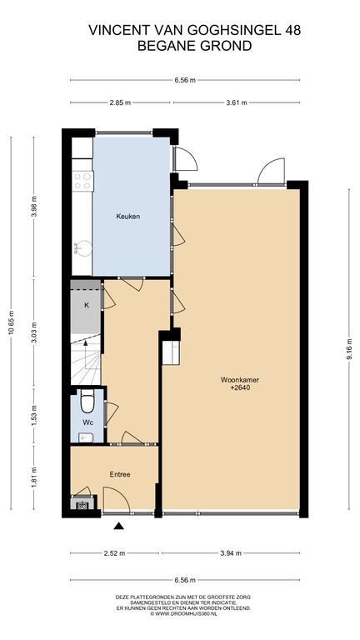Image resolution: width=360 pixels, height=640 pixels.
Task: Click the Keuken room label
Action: click(127, 217)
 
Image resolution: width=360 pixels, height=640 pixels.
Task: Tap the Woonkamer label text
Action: click(240, 380)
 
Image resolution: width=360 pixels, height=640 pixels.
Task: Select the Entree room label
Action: click(120, 475)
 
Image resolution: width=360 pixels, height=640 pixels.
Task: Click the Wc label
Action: click(87, 422)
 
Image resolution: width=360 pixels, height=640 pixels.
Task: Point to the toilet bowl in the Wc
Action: click(87, 402)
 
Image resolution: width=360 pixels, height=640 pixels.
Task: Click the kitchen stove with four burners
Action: click(82, 181)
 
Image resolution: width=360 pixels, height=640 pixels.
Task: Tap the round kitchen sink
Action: click(83, 248)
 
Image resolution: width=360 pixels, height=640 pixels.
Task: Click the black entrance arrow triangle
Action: click(119, 526)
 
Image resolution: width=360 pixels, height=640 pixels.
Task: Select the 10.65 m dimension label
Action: click(11, 322)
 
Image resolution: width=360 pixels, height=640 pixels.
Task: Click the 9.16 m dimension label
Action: click(349, 348)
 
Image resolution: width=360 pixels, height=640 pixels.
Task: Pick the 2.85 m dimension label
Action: click(120, 102)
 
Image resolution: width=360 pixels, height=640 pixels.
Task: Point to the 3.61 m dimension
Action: click(237, 102)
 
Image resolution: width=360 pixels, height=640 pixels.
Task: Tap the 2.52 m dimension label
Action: click(115, 553)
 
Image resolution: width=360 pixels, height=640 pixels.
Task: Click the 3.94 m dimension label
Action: click(231, 553)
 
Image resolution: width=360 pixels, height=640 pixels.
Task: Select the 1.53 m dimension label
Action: click(34, 414)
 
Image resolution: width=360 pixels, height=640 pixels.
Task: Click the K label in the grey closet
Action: click(86, 305)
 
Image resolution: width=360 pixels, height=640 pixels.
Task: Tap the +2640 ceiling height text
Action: click(240, 388)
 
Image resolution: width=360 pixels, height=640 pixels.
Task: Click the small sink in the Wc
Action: click(86, 438)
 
